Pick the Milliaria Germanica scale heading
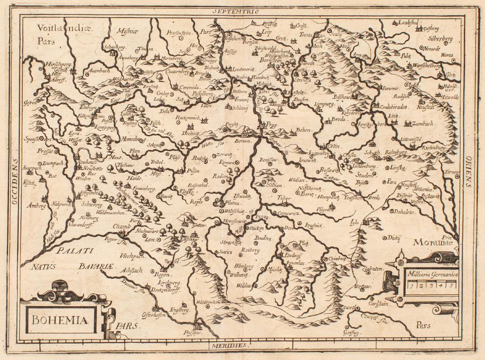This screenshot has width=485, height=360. (433, 274)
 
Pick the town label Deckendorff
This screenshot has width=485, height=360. (164, 291)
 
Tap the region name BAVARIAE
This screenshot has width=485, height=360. (97, 266)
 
